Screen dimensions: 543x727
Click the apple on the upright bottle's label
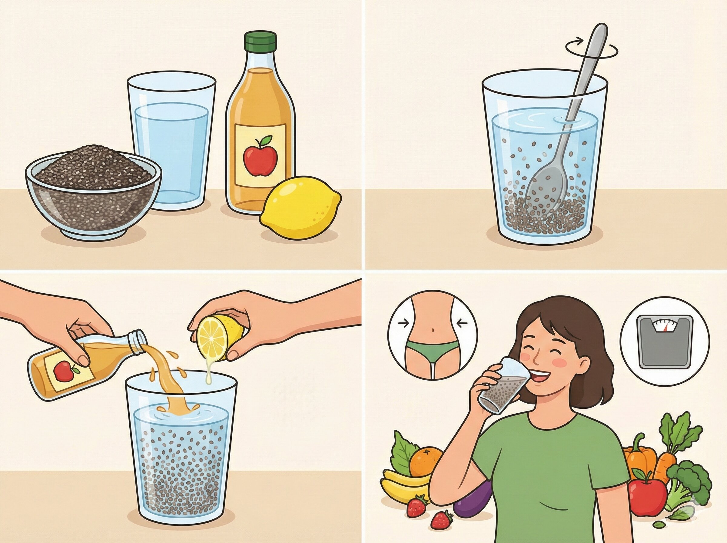coord(260,156)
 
